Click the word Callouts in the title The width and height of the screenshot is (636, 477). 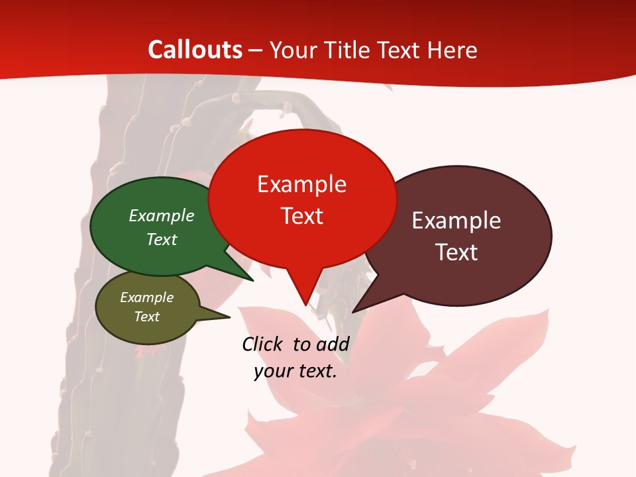[x=195, y=50]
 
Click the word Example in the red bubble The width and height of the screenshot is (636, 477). [x=301, y=184]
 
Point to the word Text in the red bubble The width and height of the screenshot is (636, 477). [x=301, y=216]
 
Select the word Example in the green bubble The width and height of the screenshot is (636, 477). [x=162, y=216]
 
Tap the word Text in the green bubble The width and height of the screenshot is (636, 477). [x=162, y=239]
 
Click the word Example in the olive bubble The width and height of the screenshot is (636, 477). [x=146, y=297]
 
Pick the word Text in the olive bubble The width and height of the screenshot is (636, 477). [x=146, y=317]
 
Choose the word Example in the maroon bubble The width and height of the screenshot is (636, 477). [x=456, y=221]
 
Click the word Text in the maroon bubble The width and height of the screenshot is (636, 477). [x=456, y=252]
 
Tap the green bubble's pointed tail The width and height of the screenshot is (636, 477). [x=250, y=279]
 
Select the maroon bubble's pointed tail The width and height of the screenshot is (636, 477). [x=354, y=310]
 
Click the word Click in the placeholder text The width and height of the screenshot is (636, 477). [x=262, y=344]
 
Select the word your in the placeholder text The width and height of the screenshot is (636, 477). [x=272, y=371]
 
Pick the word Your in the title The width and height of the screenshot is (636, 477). [x=292, y=50]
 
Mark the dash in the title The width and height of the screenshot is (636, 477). [x=256, y=50]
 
